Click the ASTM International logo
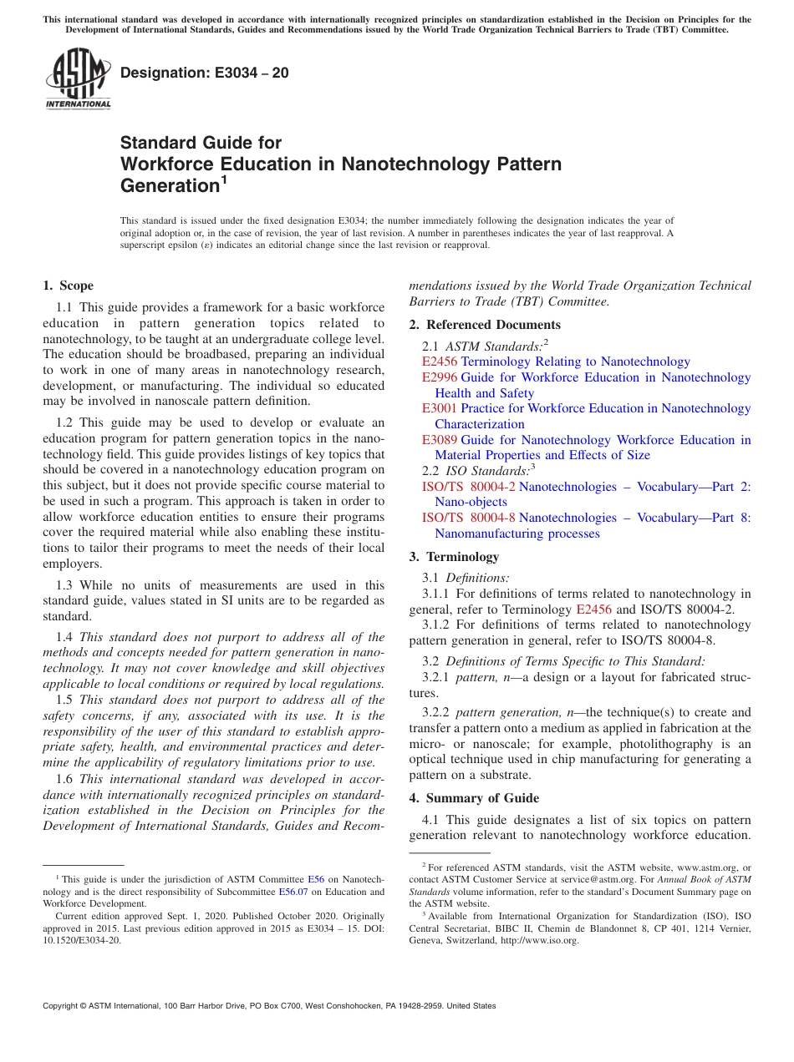pyautogui.click(x=78, y=78)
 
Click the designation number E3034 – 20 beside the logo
pyautogui.click(x=205, y=73)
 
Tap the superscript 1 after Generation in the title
pyautogui.click(x=223, y=179)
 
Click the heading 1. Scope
pyautogui.click(x=69, y=286)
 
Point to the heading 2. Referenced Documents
pyautogui.click(x=485, y=325)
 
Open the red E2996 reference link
pyautogui.click(x=440, y=377)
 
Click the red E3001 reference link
pyautogui.click(x=440, y=408)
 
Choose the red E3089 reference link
pyautogui.click(x=440, y=440)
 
